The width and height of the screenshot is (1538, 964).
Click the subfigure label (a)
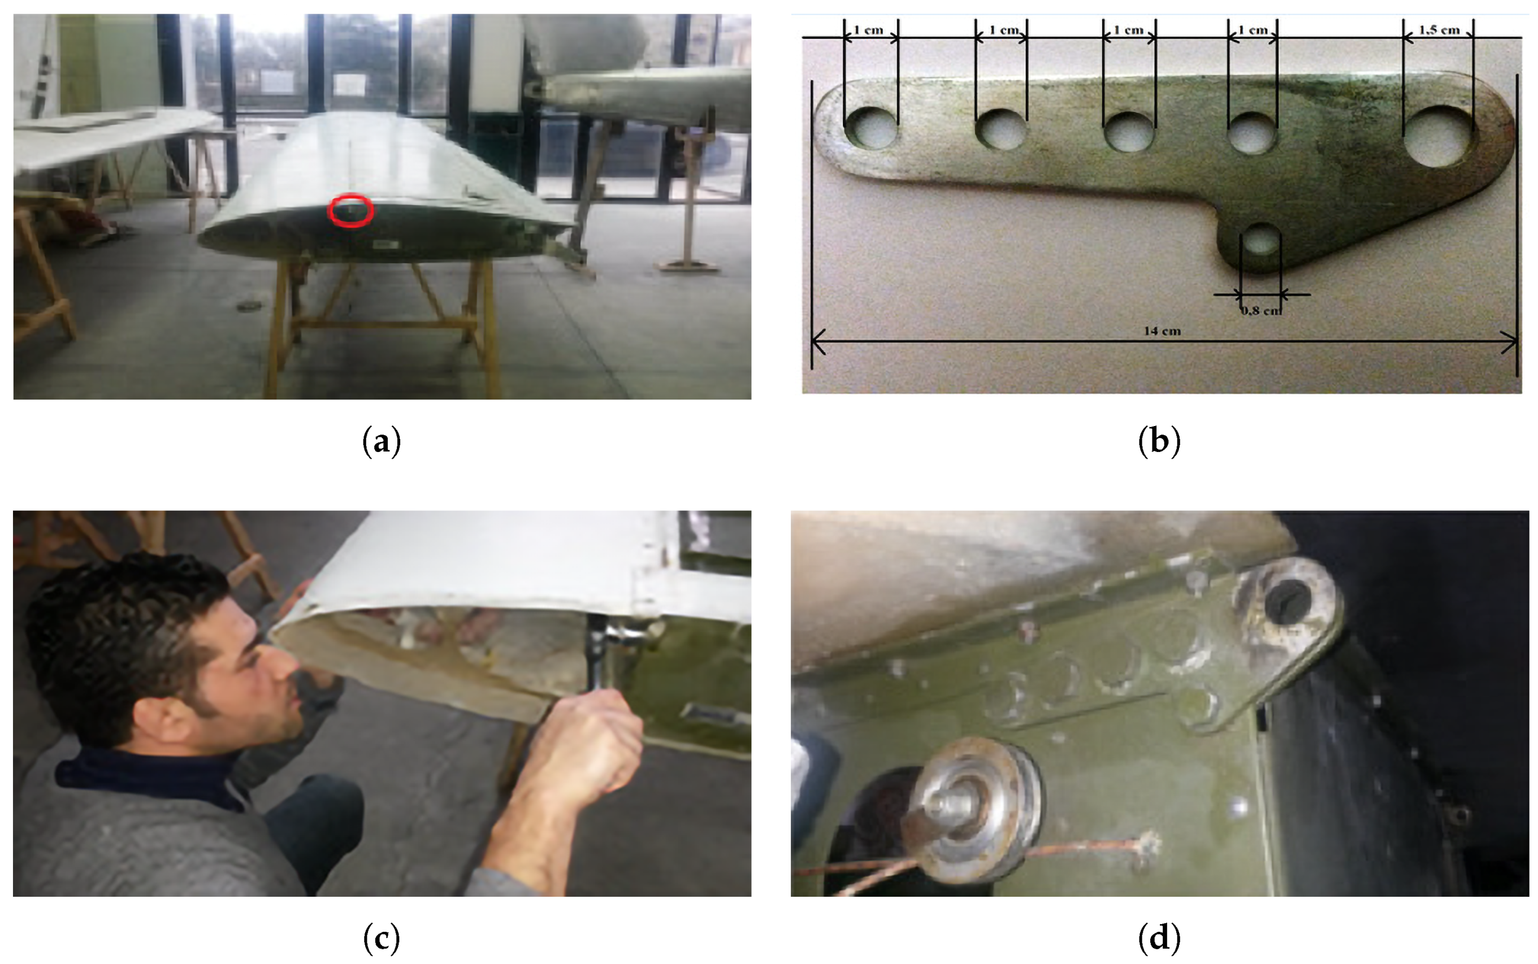(382, 441)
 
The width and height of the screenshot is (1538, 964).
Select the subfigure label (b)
(1159, 441)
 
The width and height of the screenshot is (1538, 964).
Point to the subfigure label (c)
(382, 938)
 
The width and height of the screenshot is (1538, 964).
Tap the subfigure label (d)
(1159, 938)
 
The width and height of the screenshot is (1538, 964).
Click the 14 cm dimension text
(1162, 331)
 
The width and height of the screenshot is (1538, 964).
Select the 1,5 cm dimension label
(1439, 30)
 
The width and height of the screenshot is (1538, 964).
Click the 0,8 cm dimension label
(1260, 310)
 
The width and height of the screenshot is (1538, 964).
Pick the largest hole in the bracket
(1439, 136)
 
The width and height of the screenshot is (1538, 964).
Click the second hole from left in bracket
(1001, 129)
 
